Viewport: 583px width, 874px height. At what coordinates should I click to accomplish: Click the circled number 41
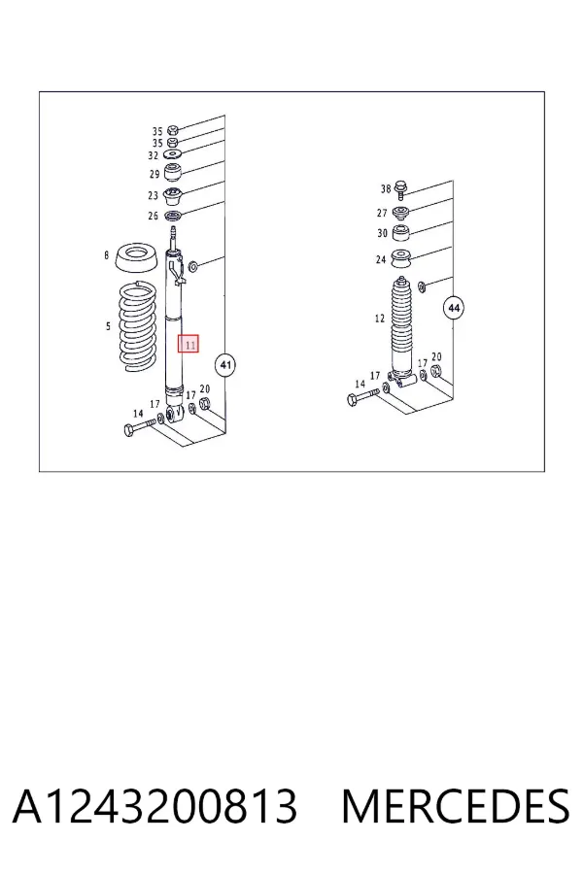(x=224, y=366)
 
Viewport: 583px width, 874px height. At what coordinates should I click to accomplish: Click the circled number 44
(x=454, y=308)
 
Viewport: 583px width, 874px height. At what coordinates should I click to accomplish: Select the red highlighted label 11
(x=189, y=345)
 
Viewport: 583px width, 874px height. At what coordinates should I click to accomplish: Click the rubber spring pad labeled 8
(x=136, y=259)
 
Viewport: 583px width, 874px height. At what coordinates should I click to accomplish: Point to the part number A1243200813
(x=155, y=806)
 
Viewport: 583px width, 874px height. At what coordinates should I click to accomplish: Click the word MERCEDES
(x=456, y=806)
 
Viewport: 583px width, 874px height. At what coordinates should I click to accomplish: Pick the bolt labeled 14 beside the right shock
(x=362, y=397)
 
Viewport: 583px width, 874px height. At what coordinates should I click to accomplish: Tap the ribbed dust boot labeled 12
(x=404, y=325)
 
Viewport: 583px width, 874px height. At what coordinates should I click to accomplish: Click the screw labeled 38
(x=400, y=189)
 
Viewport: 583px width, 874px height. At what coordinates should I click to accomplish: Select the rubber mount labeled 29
(x=174, y=172)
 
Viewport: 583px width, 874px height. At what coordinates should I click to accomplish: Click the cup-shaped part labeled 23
(x=174, y=197)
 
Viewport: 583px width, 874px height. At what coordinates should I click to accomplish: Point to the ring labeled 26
(x=174, y=216)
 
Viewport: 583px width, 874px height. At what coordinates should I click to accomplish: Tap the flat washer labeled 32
(x=174, y=154)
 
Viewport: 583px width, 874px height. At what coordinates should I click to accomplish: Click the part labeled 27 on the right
(x=400, y=213)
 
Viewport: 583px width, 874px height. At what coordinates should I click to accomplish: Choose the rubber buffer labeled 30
(x=400, y=233)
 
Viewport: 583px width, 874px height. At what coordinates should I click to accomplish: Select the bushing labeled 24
(x=400, y=258)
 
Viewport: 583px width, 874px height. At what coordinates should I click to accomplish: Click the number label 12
(x=380, y=319)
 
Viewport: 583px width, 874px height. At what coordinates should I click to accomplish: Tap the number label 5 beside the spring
(x=108, y=326)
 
